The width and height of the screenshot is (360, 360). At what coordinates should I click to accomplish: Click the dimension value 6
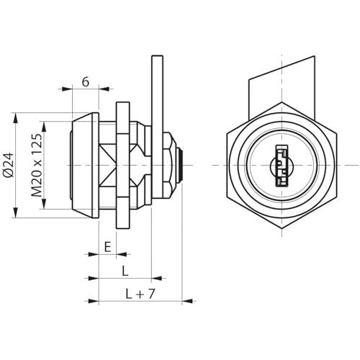pos(86,81)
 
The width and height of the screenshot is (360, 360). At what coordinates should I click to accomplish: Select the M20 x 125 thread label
pos(37,165)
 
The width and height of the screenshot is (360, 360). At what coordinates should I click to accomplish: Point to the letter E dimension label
pos(107,247)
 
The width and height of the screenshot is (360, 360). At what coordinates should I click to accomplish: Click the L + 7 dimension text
pos(140,294)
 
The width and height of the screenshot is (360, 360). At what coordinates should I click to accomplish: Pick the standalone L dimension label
pos(125,271)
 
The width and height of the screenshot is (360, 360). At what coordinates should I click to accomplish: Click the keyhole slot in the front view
pos(282,166)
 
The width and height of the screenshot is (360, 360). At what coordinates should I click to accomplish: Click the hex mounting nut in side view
pos(123,165)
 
